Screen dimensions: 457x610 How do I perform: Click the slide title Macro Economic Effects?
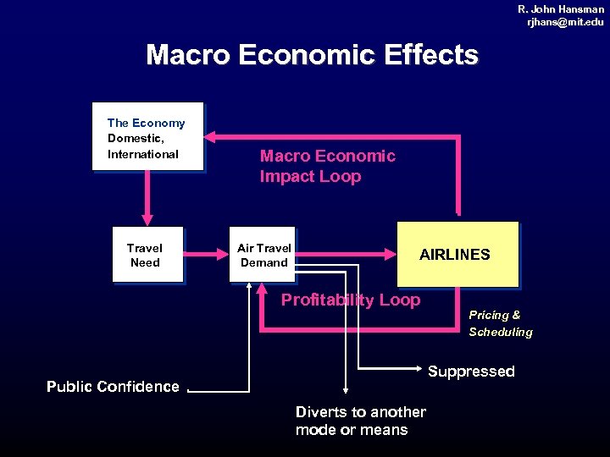tap(312, 55)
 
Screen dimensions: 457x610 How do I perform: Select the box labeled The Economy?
tap(147, 136)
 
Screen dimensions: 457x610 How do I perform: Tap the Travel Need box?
tap(147, 254)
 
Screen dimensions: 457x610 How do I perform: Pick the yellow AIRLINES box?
tap(457, 254)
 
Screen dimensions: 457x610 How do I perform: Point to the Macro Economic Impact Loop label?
tap(327, 166)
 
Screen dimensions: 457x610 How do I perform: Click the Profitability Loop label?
tap(351, 300)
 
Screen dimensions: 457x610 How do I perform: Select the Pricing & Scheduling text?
tap(501, 323)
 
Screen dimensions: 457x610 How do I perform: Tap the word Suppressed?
tap(471, 372)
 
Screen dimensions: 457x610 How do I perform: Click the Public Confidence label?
tap(113, 387)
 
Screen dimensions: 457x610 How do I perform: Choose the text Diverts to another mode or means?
tap(360, 421)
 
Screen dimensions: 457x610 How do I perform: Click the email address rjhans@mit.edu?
tap(565, 22)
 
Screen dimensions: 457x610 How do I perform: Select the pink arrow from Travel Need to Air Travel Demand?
tap(208, 251)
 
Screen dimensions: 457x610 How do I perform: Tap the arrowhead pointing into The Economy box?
tap(212, 135)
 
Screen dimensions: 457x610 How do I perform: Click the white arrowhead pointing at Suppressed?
tap(419, 369)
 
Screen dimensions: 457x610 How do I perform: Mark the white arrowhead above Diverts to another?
tap(345, 390)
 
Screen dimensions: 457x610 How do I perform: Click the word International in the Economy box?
tap(142, 154)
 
